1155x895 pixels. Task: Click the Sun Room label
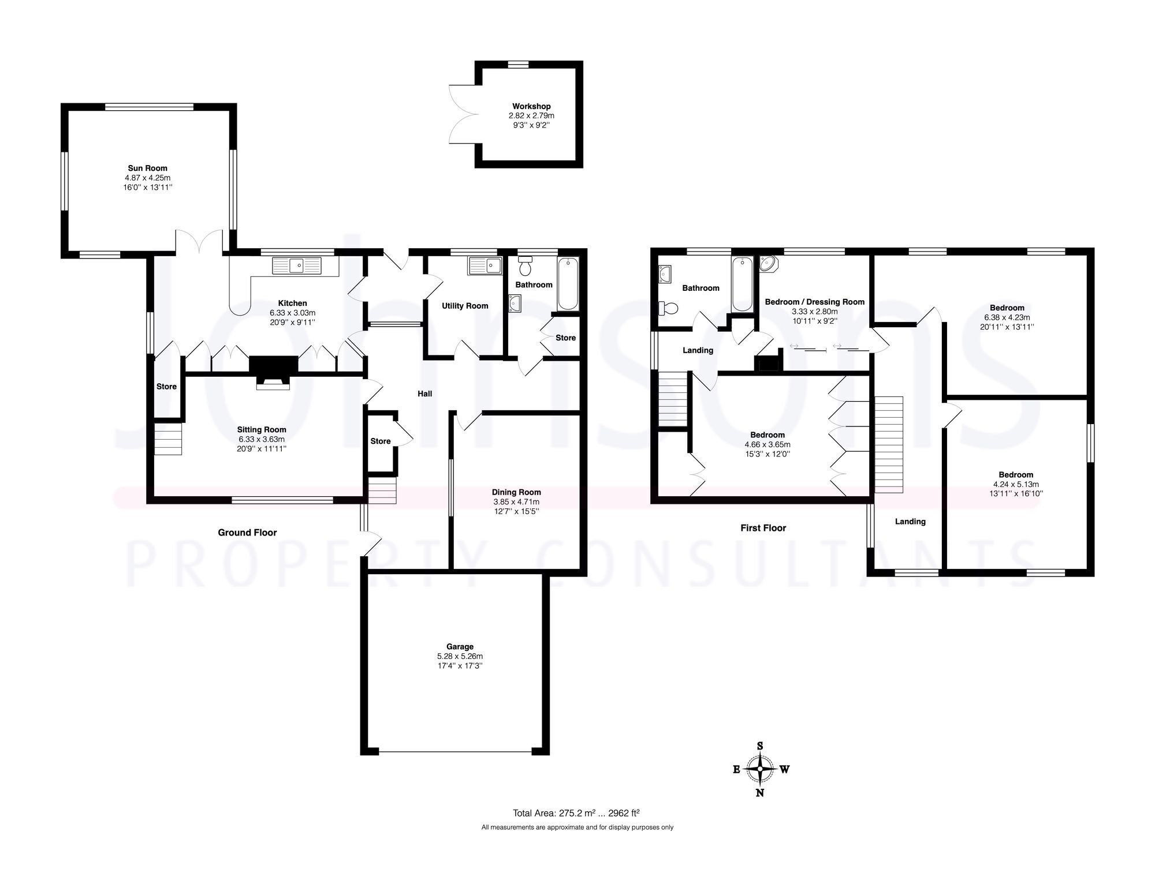point(148,168)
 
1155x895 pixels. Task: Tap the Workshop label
point(531,106)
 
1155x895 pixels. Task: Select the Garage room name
point(460,647)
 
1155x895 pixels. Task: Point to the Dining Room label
point(516,492)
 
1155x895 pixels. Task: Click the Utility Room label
point(465,306)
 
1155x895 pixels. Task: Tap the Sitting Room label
point(262,430)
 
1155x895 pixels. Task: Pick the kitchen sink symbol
point(297,265)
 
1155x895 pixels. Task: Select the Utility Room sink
point(485,265)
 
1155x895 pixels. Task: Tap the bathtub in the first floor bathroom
point(742,284)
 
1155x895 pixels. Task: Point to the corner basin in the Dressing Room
point(769,264)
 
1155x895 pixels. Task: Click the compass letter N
point(760,793)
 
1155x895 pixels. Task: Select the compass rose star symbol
point(760,769)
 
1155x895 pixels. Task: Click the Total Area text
point(576,813)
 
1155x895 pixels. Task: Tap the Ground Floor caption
point(247,533)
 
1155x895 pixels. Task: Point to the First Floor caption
point(763,528)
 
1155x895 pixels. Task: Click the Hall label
point(424,394)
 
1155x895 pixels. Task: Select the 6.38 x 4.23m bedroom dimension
point(1007,317)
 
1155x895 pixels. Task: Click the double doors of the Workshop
point(463,114)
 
